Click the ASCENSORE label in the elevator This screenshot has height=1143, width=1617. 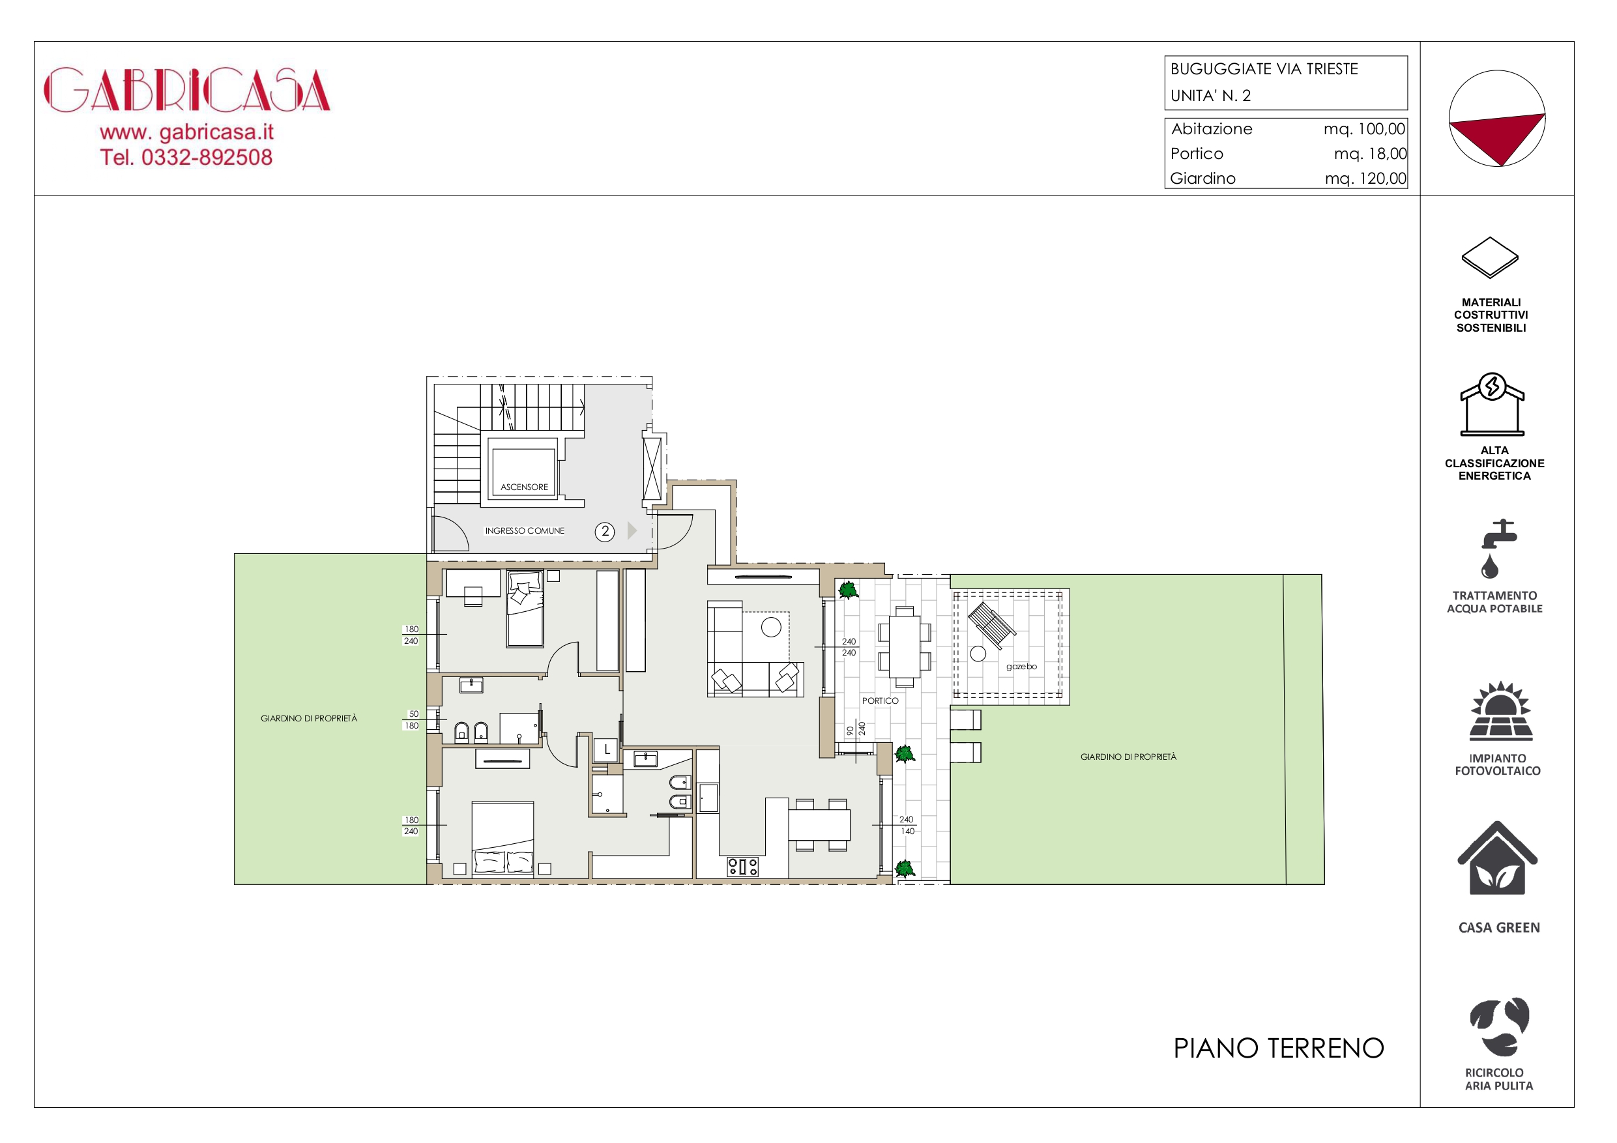pyautogui.click(x=524, y=487)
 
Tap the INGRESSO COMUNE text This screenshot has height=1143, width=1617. pyautogui.click(x=525, y=530)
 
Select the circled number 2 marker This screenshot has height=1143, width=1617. pyautogui.click(x=605, y=532)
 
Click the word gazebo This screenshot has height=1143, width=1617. pyautogui.click(x=1021, y=666)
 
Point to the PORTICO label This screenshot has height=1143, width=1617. pyautogui.click(x=881, y=701)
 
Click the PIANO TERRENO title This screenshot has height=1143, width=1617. pyautogui.click(x=1278, y=1048)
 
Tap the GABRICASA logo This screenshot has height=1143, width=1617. pyautogui.click(x=187, y=89)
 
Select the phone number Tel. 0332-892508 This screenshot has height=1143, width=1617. pyautogui.click(x=186, y=157)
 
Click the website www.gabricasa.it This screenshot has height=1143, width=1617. pyautogui.click(x=186, y=132)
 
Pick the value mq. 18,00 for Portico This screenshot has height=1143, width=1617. pyautogui.click(x=1370, y=154)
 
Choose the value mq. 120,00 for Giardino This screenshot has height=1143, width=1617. pyautogui.click(x=1365, y=178)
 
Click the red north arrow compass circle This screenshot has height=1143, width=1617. pyautogui.click(x=1496, y=119)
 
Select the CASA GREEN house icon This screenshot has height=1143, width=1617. pyautogui.click(x=1497, y=858)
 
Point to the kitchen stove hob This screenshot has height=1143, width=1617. pyautogui.click(x=742, y=866)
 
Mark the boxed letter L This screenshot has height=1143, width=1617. pyautogui.click(x=606, y=750)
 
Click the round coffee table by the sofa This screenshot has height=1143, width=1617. pyautogui.click(x=771, y=627)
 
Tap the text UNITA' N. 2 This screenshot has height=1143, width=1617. pyautogui.click(x=1211, y=96)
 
